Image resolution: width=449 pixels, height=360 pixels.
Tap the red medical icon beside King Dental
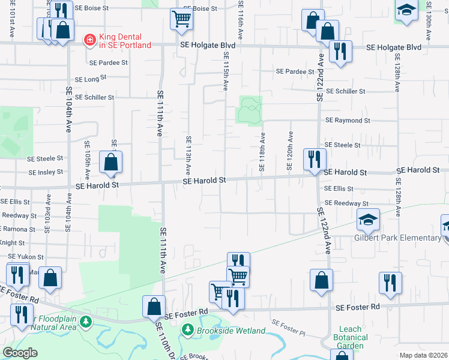[89, 40]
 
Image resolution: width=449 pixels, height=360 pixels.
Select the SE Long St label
[91, 78]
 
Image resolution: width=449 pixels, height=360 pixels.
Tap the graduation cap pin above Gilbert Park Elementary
[368, 220]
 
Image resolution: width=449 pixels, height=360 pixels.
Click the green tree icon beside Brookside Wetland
[188, 330]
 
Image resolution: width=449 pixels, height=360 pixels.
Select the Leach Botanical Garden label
[351, 337]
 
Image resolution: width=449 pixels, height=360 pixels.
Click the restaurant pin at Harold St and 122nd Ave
[315, 159]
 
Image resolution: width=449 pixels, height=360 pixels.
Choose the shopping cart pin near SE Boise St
[181, 19]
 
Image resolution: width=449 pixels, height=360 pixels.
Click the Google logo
[20, 353]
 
